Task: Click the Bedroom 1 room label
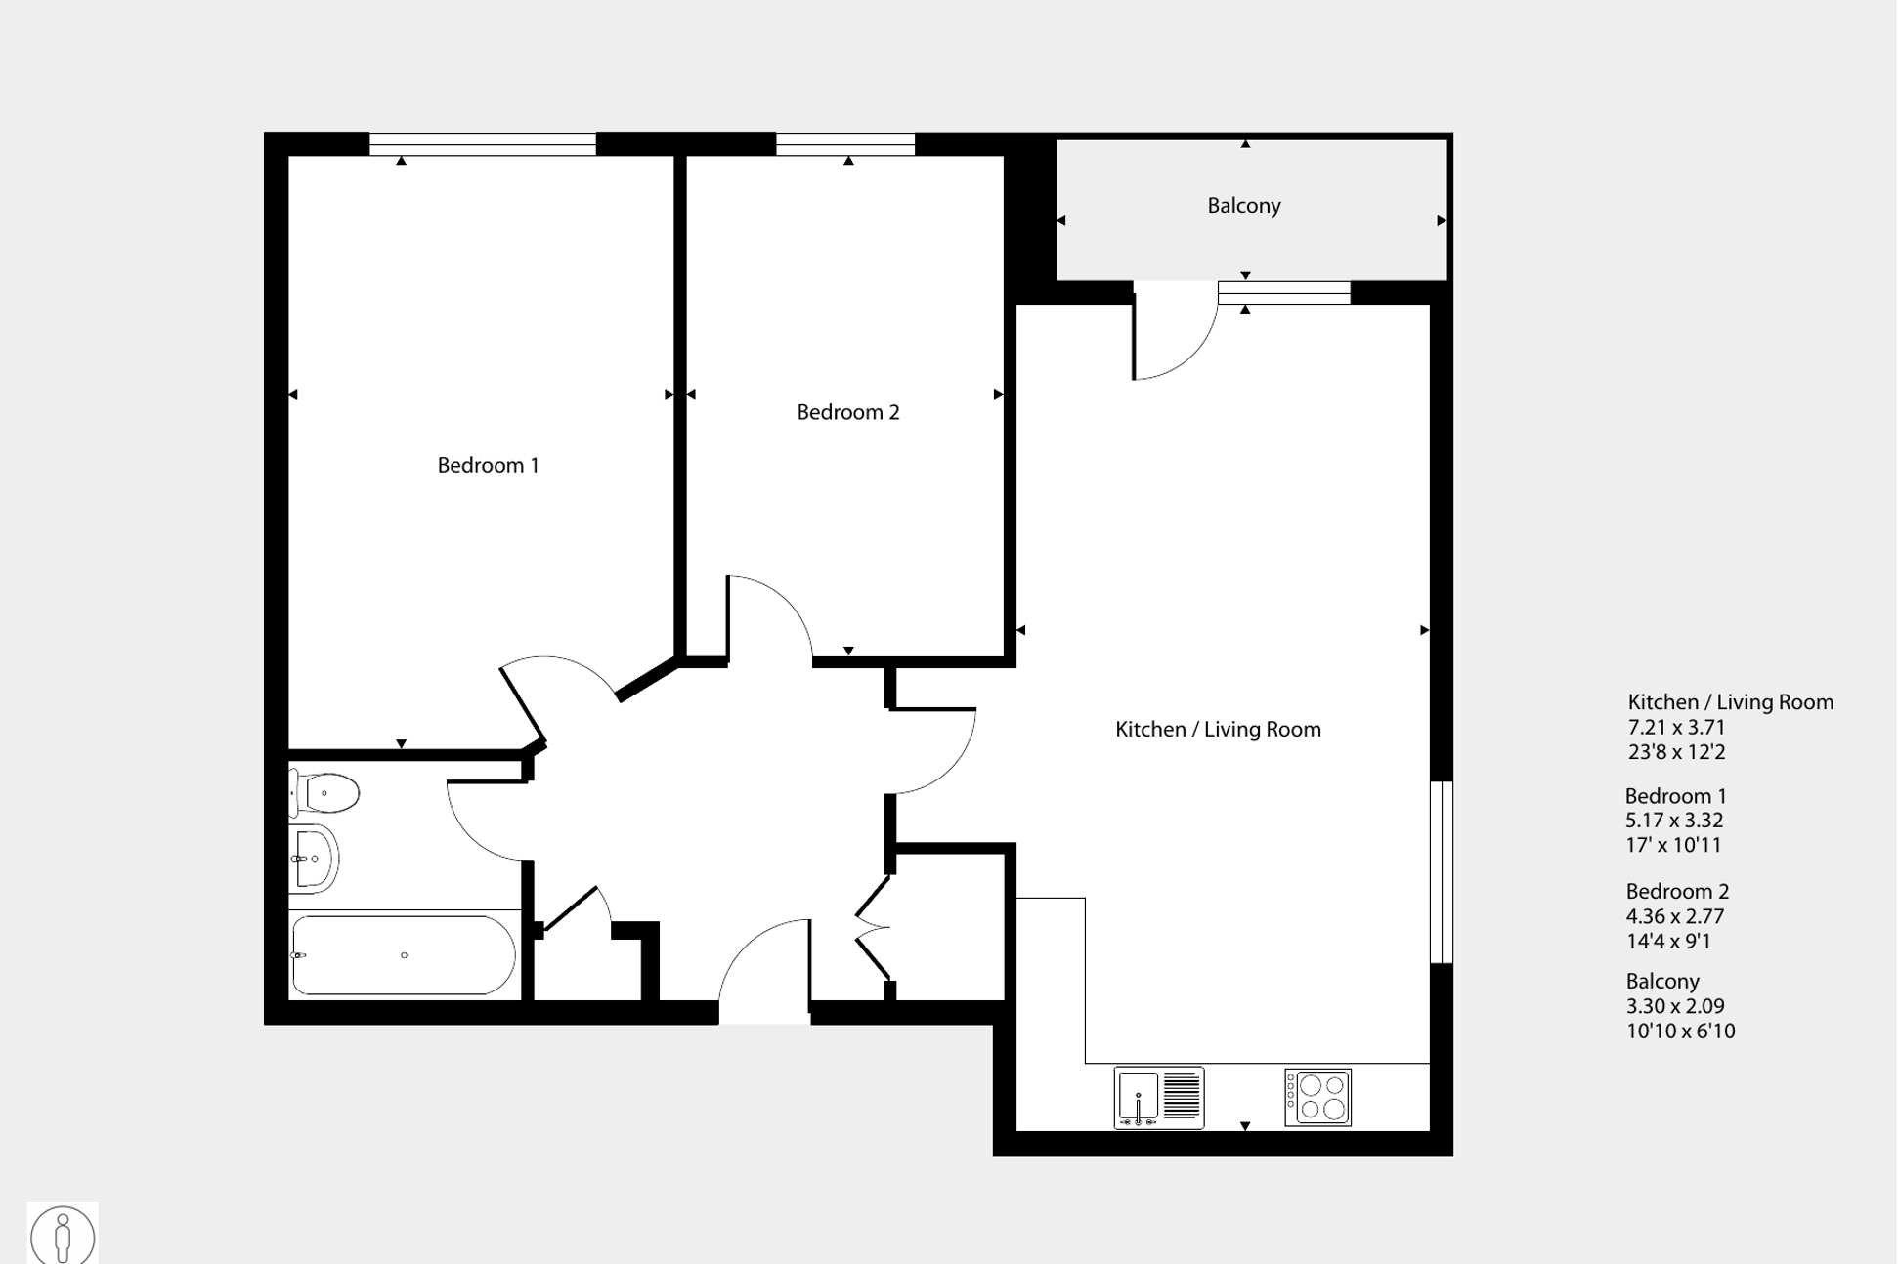point(488,465)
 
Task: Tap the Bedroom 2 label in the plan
point(847,412)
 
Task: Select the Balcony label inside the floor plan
point(1243,205)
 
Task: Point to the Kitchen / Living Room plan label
point(1218,729)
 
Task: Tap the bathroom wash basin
point(313,859)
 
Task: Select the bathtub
point(404,955)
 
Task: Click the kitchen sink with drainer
point(1159,1097)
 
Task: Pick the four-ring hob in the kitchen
point(1317,1098)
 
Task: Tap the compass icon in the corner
point(63,1235)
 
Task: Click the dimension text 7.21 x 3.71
point(1676,728)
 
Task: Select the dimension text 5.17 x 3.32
point(1674,821)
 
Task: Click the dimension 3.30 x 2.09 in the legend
point(1675,1006)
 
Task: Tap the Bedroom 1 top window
point(482,145)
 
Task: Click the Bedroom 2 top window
point(845,145)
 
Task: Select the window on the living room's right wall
point(1442,871)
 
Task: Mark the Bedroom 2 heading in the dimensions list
point(1677,891)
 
